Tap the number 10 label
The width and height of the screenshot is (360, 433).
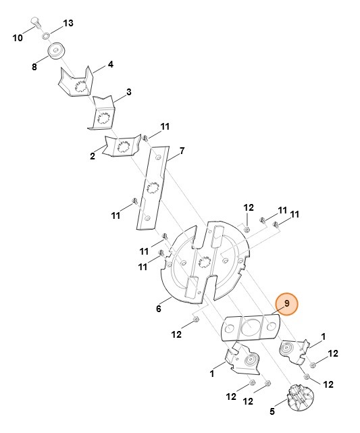18,38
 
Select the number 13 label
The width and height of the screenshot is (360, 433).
68,24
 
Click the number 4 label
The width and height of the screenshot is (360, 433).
110,65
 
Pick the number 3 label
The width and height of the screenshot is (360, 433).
128,92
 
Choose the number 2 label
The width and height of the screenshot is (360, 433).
93,157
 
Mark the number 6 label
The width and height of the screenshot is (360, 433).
158,309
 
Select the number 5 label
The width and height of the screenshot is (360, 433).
272,411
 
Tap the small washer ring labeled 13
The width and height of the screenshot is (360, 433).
45,33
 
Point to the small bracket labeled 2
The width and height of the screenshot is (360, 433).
122,146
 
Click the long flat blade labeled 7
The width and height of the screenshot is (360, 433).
153,186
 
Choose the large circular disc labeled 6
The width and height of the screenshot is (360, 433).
203,260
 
